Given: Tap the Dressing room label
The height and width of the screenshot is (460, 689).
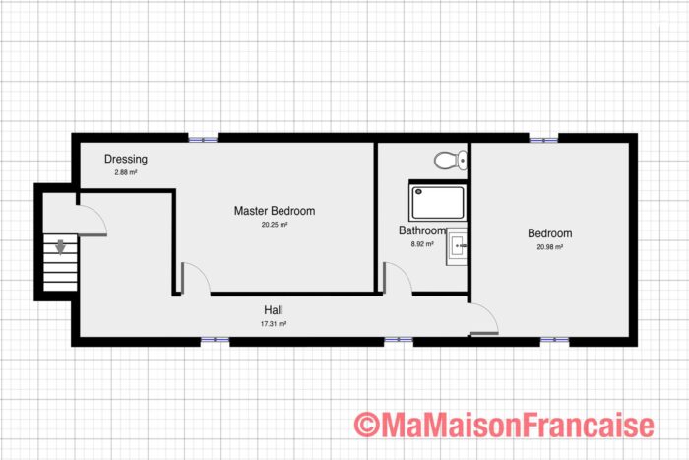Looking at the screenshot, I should pyautogui.click(x=126, y=159).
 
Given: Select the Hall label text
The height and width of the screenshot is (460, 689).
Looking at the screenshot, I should pyautogui.click(x=273, y=309).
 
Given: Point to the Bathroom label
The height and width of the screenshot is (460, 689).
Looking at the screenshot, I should pyautogui.click(x=422, y=230).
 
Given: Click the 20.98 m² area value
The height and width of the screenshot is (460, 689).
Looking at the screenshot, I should pyautogui.click(x=549, y=247).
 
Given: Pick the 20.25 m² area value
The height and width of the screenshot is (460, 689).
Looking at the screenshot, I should pyautogui.click(x=274, y=225).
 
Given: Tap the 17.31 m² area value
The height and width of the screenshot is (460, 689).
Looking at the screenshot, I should pyautogui.click(x=273, y=323).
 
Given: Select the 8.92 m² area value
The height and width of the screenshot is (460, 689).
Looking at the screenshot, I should pyautogui.click(x=422, y=243).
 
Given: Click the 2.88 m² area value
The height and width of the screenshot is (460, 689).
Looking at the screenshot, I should pyautogui.click(x=125, y=172).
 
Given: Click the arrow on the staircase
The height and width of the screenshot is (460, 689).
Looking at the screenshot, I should pyautogui.click(x=61, y=248).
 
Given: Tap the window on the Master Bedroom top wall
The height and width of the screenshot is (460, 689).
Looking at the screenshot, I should pyautogui.click(x=203, y=138).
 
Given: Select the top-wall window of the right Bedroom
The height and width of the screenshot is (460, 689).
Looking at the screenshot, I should pyautogui.click(x=542, y=138).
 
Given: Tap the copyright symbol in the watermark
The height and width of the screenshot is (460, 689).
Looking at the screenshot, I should pyautogui.click(x=366, y=425).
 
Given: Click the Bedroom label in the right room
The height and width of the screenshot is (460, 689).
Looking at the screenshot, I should pyautogui.click(x=549, y=233).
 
